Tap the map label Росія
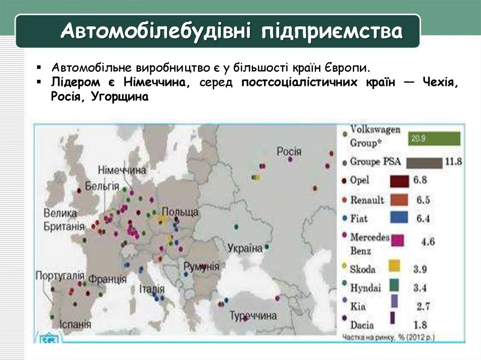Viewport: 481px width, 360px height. (x=289, y=152)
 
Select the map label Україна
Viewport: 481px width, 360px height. (x=245, y=248)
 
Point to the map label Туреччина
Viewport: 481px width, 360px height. (x=253, y=315)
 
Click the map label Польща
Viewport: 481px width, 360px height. (x=180, y=212)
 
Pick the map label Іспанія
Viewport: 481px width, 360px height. (x=75, y=324)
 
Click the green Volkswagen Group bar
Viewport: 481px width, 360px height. (x=434, y=138)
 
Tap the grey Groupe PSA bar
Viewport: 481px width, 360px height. (x=424, y=163)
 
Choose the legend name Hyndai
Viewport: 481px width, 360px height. (x=365, y=287)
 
